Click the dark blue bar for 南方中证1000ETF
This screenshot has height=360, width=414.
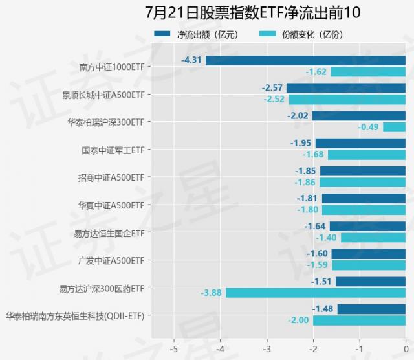coord(305,60)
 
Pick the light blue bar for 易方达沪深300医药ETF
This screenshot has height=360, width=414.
coord(315,293)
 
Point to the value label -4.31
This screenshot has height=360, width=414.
coord(192,60)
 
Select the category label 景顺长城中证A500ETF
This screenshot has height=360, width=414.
coord(103,95)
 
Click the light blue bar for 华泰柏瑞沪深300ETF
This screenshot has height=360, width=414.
coord(394,127)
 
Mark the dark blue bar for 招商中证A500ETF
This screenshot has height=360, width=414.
coord(362,171)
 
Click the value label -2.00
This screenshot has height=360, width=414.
coord(299,321)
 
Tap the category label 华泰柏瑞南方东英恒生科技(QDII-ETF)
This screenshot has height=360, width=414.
coord(74,316)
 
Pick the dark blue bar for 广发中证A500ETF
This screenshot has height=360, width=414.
coord(368,254)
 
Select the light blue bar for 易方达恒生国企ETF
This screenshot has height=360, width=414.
coord(373,238)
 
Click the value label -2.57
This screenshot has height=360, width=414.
coord(272,87)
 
